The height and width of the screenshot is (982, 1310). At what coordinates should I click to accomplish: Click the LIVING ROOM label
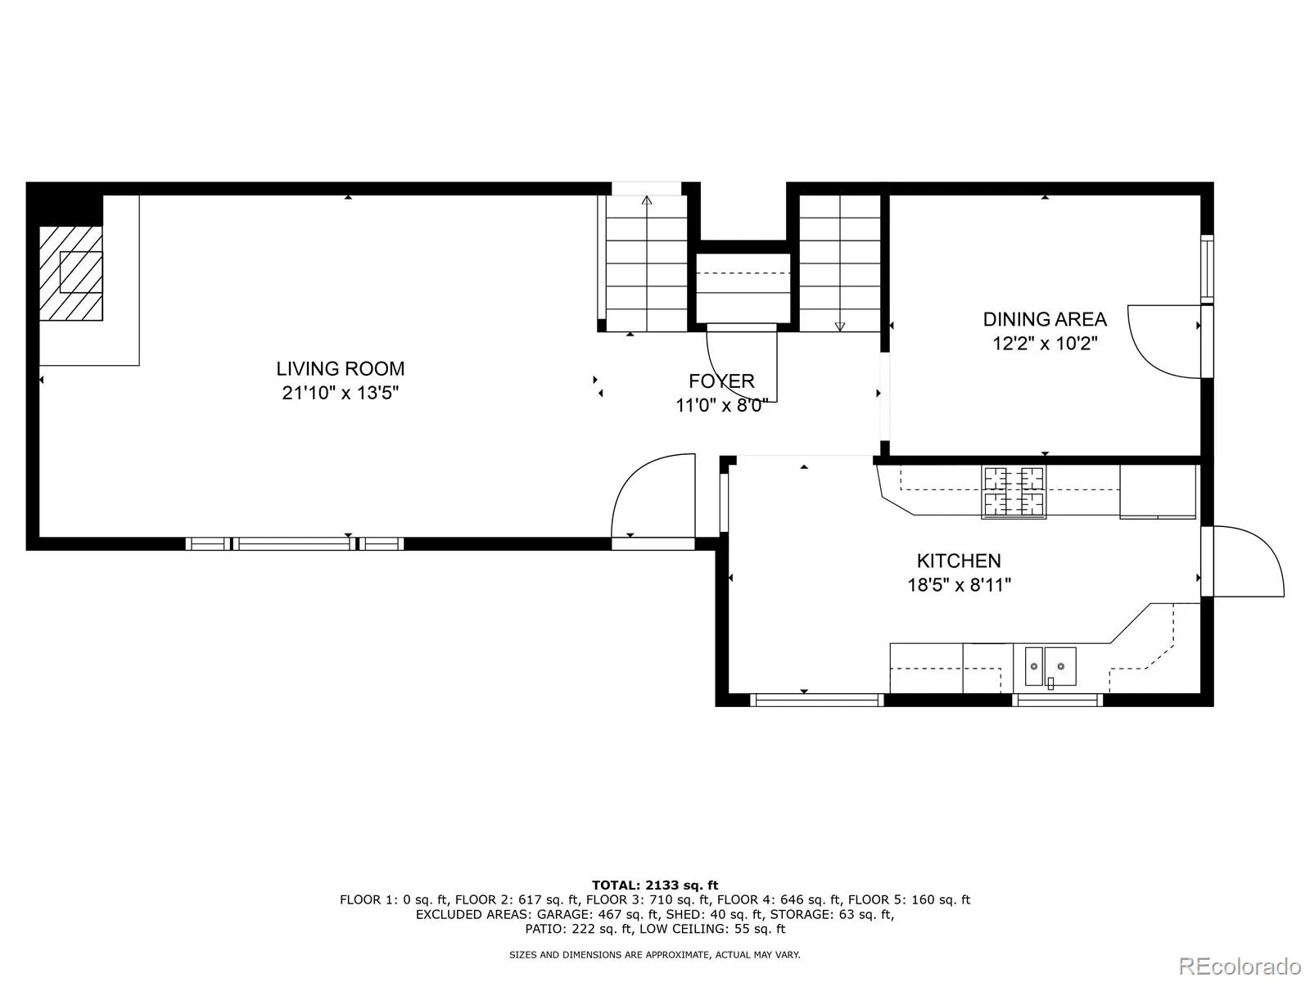(x=340, y=368)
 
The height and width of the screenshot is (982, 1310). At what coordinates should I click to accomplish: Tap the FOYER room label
(x=721, y=381)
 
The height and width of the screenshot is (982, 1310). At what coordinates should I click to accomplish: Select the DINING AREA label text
(x=1045, y=320)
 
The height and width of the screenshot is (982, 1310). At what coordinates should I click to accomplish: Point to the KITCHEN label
(x=959, y=561)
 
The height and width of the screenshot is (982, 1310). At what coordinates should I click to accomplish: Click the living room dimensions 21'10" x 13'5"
(x=340, y=393)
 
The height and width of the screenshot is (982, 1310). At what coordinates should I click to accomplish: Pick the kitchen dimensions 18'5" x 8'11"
(x=959, y=585)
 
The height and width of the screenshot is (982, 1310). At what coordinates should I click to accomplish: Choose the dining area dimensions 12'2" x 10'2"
(x=1045, y=344)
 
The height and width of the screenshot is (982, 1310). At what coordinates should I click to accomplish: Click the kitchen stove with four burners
(x=1014, y=491)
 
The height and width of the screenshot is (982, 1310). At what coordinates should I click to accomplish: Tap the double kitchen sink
(x=1050, y=667)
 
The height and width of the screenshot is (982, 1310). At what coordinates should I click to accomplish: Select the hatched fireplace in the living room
(x=71, y=273)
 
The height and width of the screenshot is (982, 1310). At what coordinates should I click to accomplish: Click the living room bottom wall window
(x=295, y=543)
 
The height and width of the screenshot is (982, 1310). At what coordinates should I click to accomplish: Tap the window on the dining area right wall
(x=1207, y=269)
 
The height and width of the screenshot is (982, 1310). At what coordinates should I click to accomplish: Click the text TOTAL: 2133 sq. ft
(x=655, y=885)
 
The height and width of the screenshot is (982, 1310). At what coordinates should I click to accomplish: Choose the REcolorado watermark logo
(x=1240, y=966)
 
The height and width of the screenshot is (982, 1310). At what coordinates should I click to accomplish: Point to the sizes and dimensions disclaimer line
(x=655, y=954)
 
